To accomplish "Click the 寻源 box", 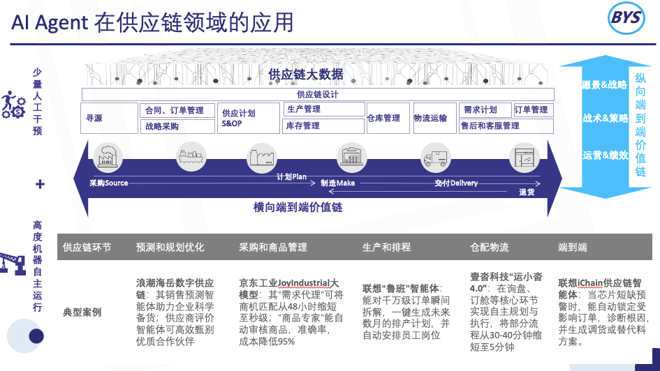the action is (x=109, y=119).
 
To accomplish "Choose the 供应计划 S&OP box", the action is (x=249, y=118).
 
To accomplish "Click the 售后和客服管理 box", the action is (x=506, y=126).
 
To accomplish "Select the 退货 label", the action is (x=527, y=192).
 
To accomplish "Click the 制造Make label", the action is (x=338, y=183).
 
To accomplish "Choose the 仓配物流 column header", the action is (x=490, y=248).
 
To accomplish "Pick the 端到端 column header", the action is (x=572, y=248).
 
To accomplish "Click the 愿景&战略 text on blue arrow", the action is (x=605, y=85).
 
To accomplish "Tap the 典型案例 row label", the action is (x=82, y=312).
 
